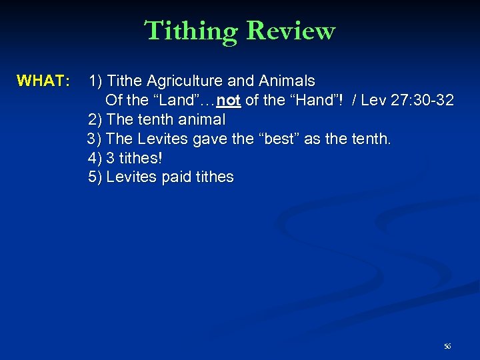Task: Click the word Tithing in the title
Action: pos(192,31)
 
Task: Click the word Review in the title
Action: pos(290,31)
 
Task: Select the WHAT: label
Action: pos(43,81)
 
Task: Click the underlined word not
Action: pos(228,101)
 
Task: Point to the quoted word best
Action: pos(277,139)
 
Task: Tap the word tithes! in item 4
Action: pos(140,159)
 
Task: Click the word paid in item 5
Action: pos(179,177)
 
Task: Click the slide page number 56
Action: pos(447,346)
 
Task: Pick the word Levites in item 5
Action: pos(132,177)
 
